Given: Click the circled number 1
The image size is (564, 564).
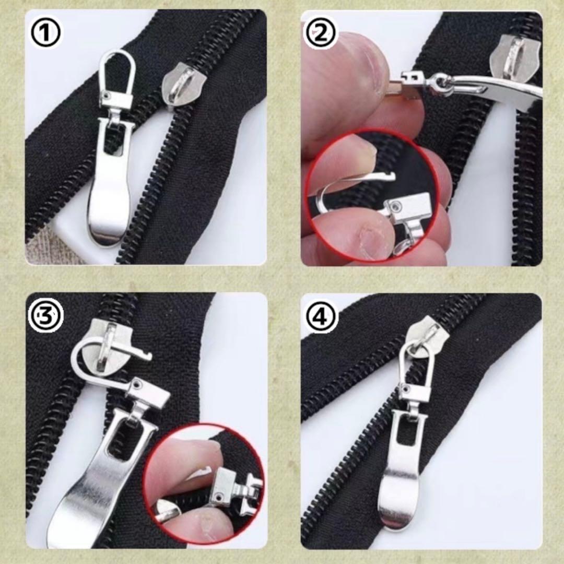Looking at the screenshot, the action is pos(44,33).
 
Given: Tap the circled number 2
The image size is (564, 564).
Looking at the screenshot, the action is pos(321,33).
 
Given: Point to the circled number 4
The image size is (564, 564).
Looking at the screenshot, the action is pos(321,316).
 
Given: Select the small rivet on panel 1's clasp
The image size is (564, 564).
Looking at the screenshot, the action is pos(107,96).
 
